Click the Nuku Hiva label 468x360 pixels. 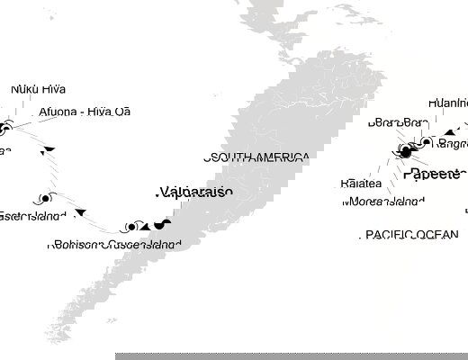pos(38,90)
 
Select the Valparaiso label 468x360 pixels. pos(194,192)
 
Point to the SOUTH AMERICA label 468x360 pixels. pos(257,157)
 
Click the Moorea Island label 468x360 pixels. pos(382,202)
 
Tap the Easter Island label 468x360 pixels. pos(27,216)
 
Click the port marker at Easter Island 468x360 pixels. pos(44,199)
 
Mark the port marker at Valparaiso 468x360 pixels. pos(161,224)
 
